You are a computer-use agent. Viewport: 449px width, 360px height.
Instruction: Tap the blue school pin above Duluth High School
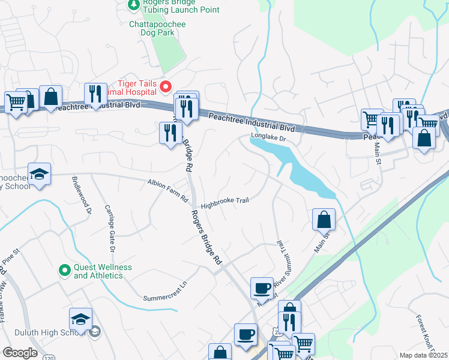[81, 319]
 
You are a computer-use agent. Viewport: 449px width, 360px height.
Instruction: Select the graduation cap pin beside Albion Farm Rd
[40, 175]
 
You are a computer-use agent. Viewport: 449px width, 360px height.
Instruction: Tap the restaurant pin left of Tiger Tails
[95, 94]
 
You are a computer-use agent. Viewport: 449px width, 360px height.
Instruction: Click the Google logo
[20, 353]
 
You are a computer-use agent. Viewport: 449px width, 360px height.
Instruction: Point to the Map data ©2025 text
[423, 355]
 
